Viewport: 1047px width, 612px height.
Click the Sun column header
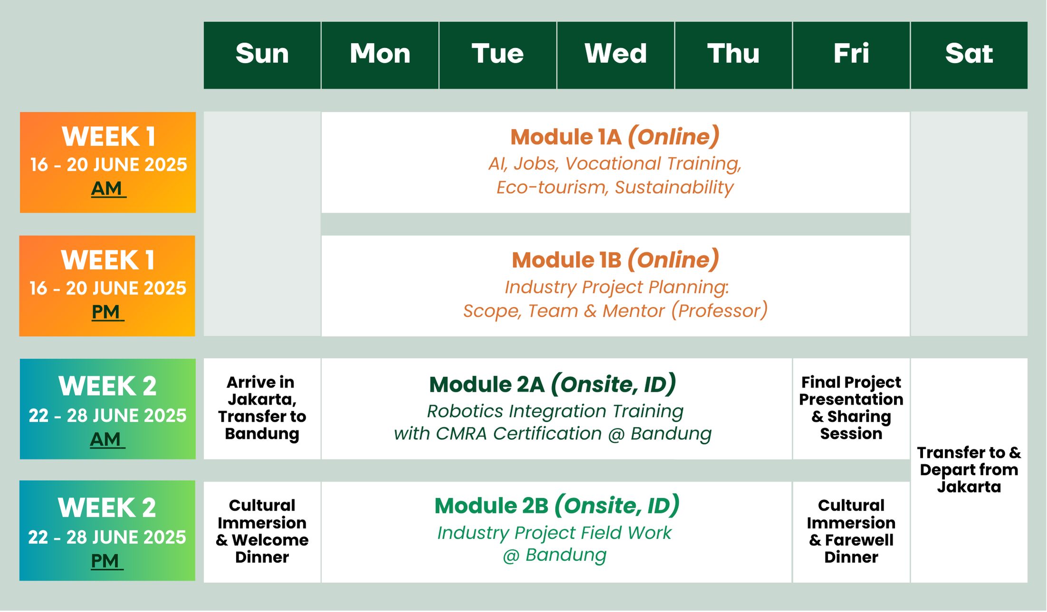point(262,55)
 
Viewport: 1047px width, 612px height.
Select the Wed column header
point(615,55)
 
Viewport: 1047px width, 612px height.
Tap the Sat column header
point(969,55)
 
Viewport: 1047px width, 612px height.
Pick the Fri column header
point(851,55)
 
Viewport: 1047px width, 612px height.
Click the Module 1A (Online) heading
point(615,137)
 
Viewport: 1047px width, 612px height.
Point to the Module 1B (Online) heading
point(615,260)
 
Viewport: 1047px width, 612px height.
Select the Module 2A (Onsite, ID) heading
point(553,384)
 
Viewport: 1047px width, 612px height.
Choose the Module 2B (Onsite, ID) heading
point(557,505)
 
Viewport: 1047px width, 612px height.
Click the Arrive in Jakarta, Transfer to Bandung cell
point(262,408)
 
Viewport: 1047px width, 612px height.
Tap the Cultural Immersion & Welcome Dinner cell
point(262,531)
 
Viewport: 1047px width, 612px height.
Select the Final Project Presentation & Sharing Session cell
point(851,408)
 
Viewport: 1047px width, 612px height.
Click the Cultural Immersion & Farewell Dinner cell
point(851,531)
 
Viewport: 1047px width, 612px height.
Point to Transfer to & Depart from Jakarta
point(969,470)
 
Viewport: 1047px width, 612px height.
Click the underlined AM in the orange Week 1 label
point(108,189)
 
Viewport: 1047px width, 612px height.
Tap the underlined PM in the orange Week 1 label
point(107,312)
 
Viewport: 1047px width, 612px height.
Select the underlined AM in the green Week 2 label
point(107,439)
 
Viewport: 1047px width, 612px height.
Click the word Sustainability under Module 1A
point(674,188)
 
